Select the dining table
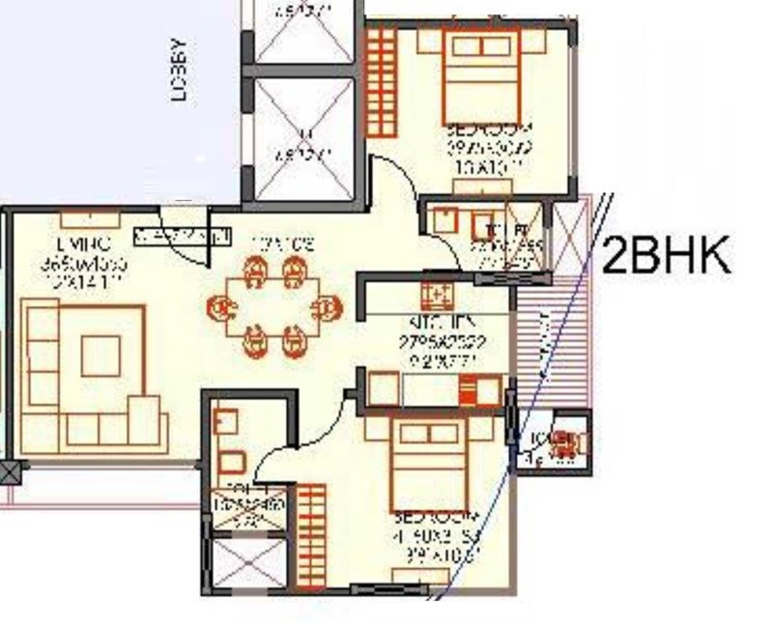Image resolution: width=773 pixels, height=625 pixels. [x=274, y=308]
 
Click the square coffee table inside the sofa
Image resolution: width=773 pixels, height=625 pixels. [x=100, y=355]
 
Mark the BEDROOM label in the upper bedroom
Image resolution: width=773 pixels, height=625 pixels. [x=488, y=129]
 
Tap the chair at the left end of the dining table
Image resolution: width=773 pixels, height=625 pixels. [x=221, y=309]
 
